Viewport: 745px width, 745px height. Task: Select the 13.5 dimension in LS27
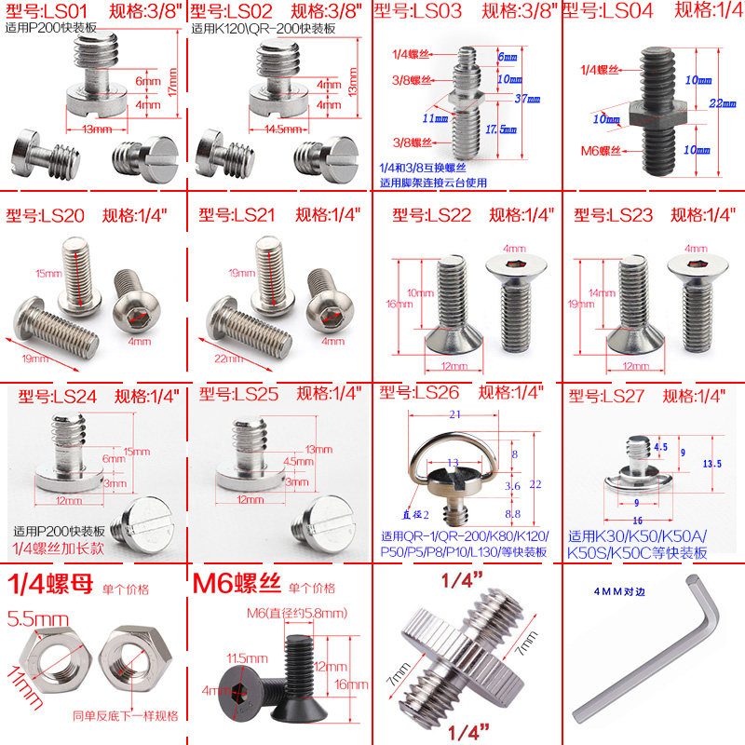pos(713,463)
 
